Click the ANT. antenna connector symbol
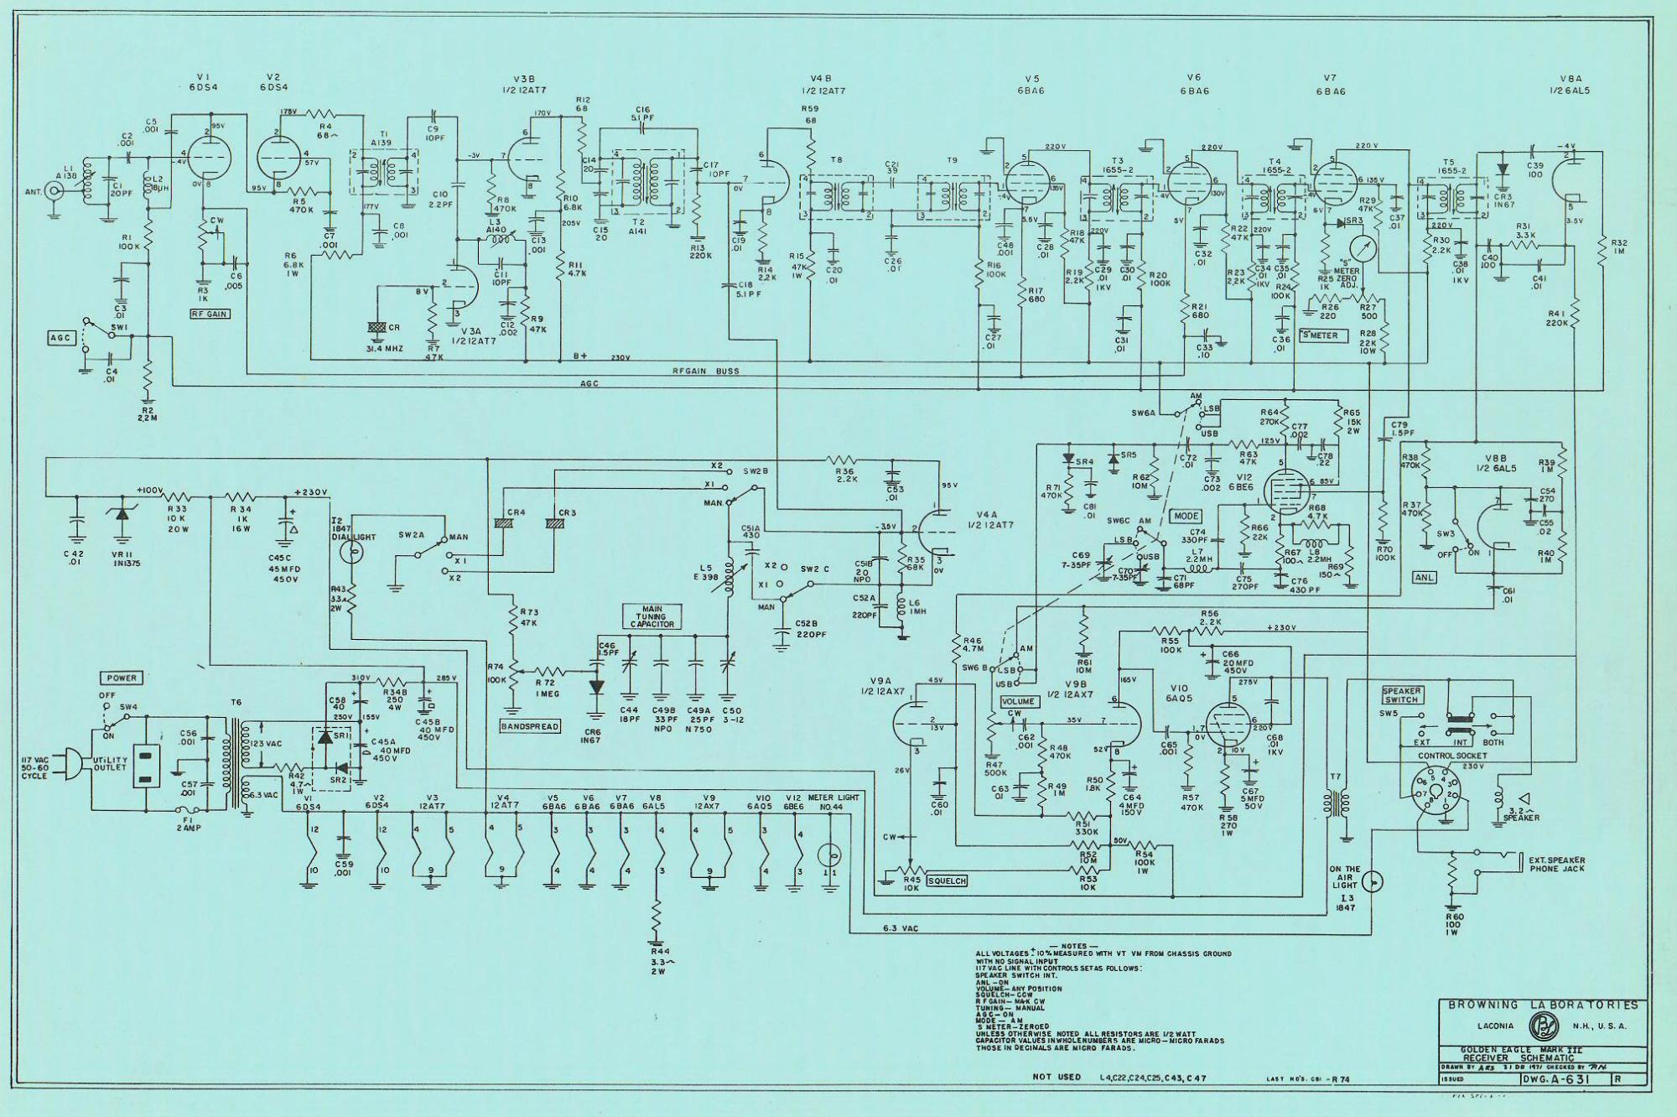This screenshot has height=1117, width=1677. coord(55,192)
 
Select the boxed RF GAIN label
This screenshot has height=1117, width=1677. coord(210,314)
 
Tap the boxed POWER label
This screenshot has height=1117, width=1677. coord(121,678)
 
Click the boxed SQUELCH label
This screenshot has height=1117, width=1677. coord(947,881)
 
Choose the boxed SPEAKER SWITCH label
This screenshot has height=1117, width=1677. coord(1401,695)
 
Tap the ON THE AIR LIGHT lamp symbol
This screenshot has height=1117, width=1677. coord(1373,881)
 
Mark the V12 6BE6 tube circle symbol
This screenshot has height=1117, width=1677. coord(1281,486)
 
